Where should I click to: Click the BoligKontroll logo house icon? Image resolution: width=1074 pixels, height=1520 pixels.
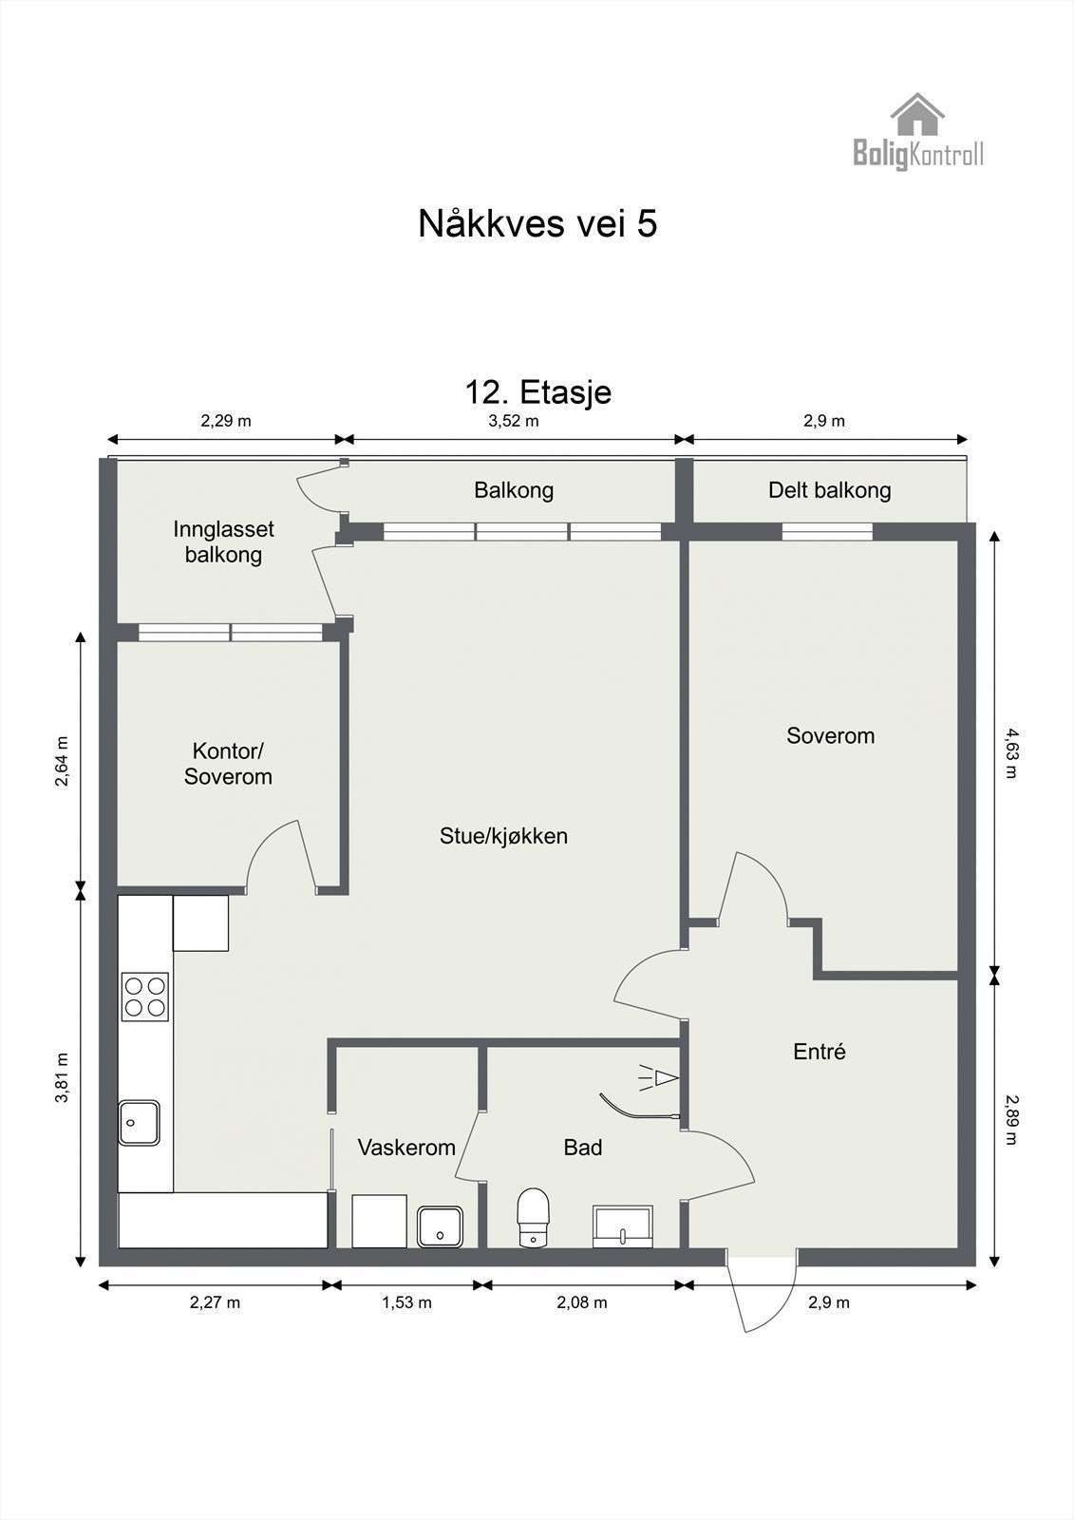tap(917, 114)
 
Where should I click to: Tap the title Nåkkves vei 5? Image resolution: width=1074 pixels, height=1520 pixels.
tap(537, 223)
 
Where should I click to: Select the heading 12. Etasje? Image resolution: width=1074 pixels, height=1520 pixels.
tap(538, 392)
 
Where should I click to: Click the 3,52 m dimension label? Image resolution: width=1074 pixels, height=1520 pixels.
tap(514, 421)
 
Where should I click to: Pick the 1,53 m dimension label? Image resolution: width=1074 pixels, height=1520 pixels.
tap(407, 1302)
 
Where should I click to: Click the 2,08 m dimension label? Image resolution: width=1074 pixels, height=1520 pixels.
tap(582, 1302)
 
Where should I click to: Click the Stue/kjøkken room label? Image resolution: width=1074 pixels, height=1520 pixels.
tap(503, 836)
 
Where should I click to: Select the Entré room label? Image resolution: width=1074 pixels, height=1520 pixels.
tap(820, 1052)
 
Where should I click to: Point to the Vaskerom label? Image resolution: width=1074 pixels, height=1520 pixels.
tap(406, 1148)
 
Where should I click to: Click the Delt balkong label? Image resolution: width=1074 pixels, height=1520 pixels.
tap(830, 490)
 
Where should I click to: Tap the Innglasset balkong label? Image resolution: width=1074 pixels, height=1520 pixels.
tap(224, 541)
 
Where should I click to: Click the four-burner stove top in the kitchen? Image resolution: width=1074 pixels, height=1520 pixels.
tap(145, 997)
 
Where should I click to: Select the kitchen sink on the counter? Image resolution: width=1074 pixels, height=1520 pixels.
tap(139, 1122)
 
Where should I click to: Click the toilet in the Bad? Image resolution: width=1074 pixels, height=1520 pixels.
tap(534, 1217)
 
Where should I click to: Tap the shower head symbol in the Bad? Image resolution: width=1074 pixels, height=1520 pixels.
tap(659, 1077)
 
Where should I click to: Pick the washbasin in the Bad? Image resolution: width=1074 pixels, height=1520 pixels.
tap(623, 1226)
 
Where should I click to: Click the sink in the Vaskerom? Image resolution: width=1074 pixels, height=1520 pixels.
tap(440, 1226)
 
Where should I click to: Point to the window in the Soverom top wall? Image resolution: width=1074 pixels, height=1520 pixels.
tap(828, 532)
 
